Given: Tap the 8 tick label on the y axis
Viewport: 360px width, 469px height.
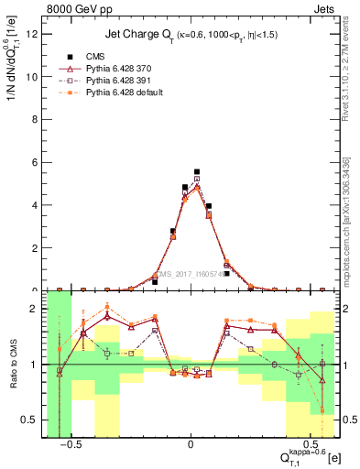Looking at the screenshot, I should pyautogui.click(x=38, y=120).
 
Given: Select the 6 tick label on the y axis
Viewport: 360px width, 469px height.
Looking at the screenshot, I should pyautogui.click(x=38, y=163).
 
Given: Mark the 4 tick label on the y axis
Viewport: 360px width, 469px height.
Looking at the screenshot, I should pyautogui.click(x=38, y=205).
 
